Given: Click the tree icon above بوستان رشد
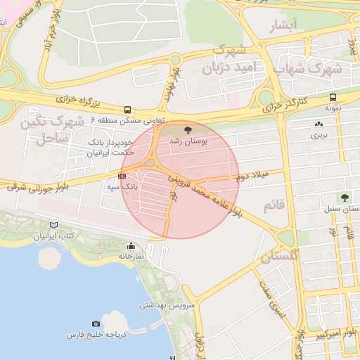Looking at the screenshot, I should point(187,130).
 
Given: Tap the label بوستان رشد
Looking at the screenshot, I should point(187,141).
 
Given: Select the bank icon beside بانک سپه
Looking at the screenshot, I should point(123,176).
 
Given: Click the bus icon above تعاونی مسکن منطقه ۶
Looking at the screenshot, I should point(127,110).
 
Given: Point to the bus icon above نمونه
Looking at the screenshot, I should point(333,98).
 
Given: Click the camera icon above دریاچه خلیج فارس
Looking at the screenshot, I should point(96,324).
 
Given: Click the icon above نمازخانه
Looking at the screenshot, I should point(131,246).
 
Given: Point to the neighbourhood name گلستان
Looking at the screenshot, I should point(279,257).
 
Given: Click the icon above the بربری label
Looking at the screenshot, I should point(319,124).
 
